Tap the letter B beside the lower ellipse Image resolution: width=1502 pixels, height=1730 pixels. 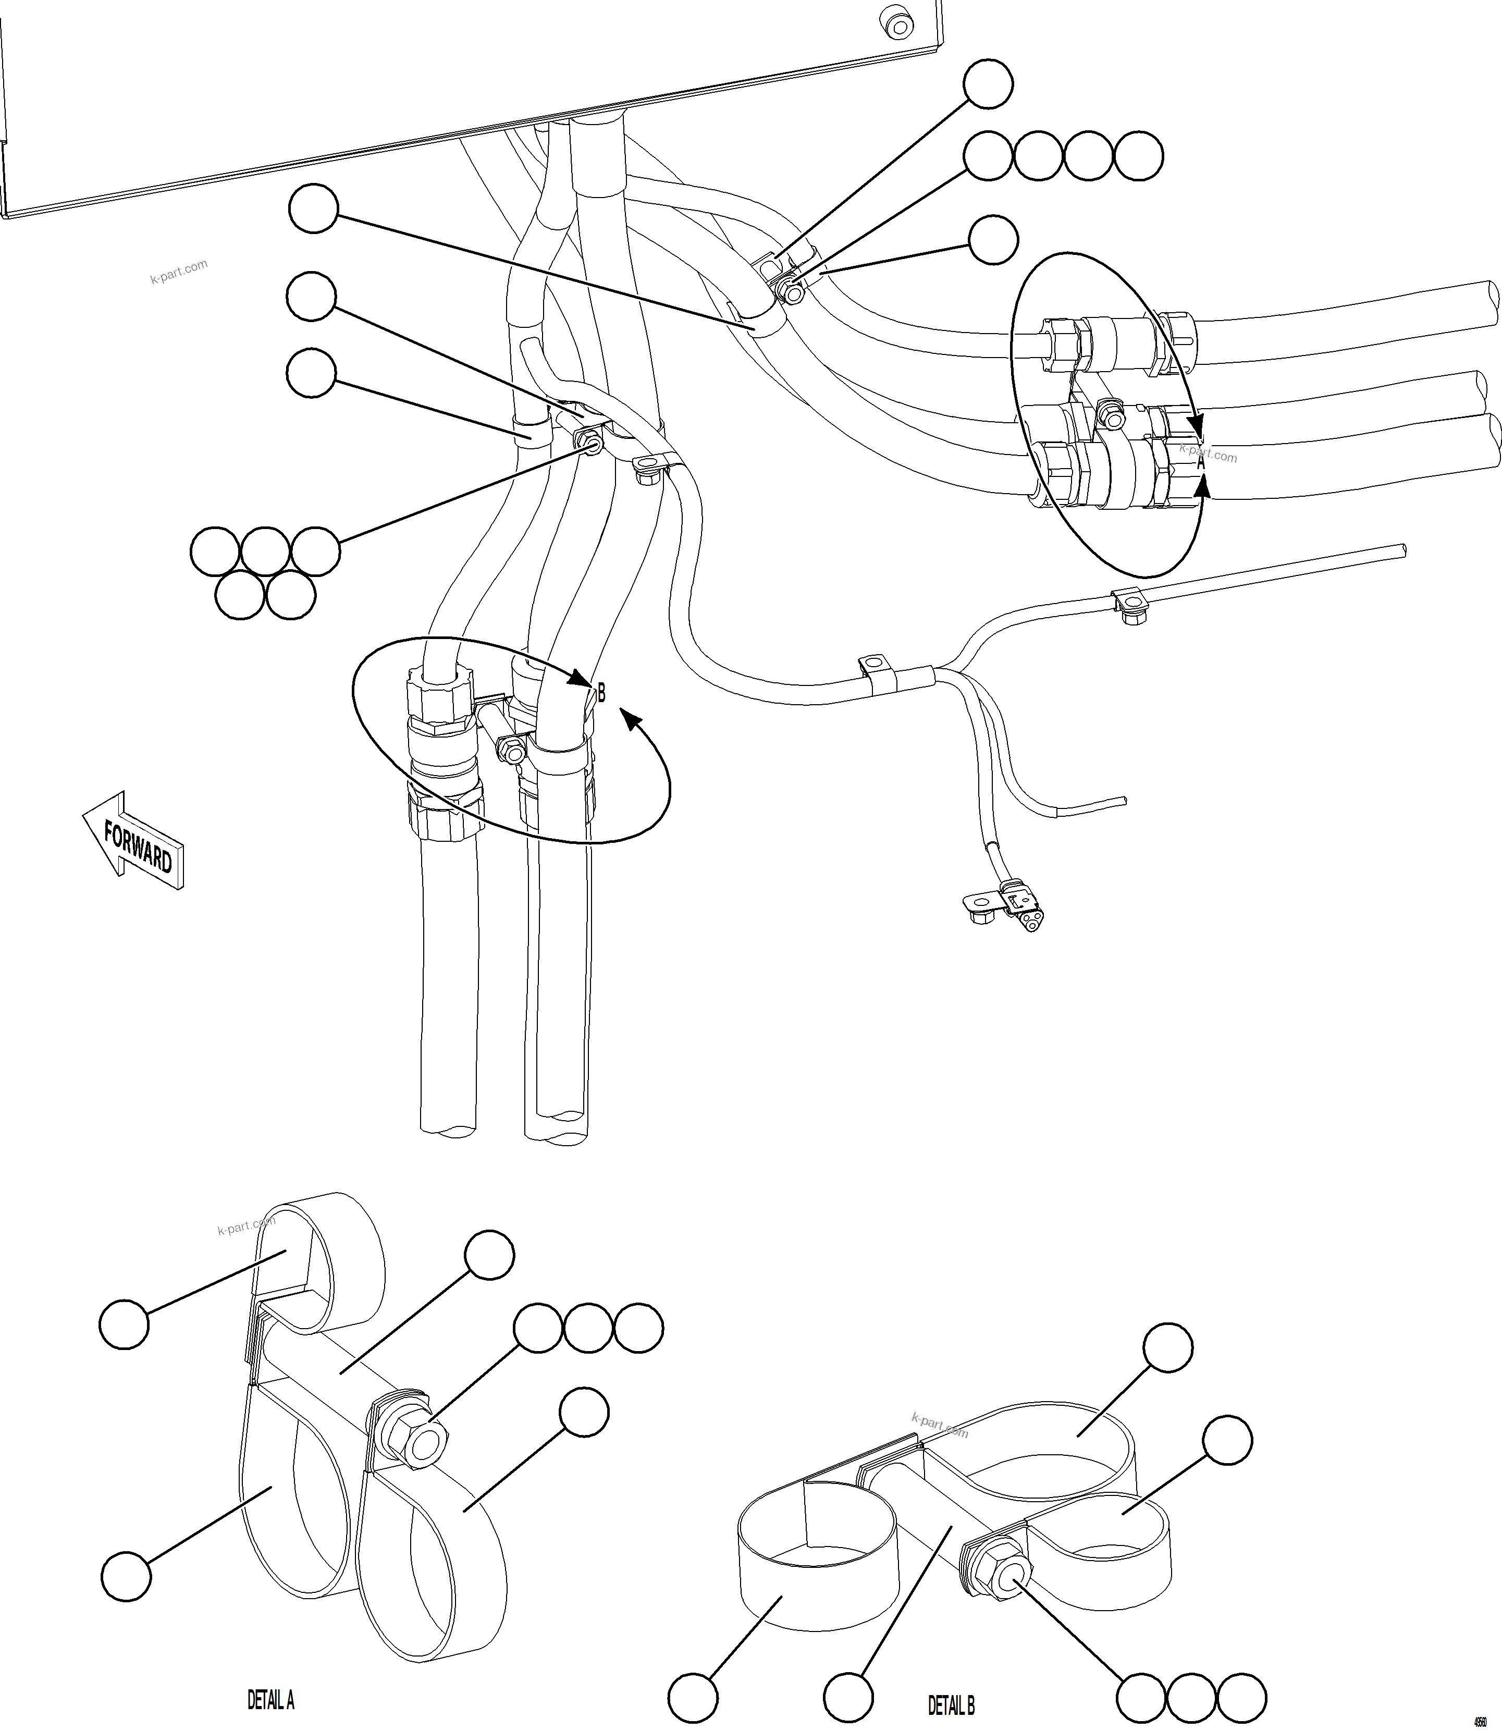point(601,693)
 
